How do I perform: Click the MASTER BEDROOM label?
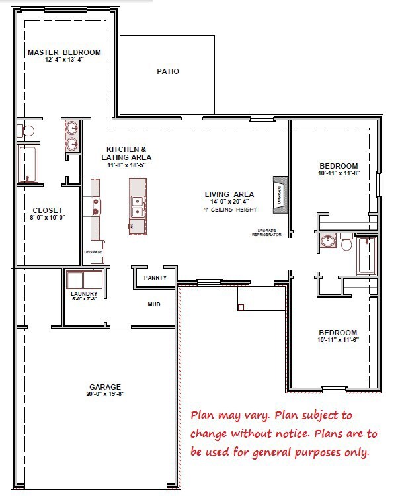tap(63, 52)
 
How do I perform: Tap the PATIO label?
tap(168, 71)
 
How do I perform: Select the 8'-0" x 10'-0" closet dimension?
tap(48, 217)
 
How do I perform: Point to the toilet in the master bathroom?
tap(24, 129)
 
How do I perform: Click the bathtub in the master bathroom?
tap(28, 164)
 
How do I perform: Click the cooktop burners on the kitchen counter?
tap(97, 206)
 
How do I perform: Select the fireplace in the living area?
tap(279, 196)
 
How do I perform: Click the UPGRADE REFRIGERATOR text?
tap(262, 233)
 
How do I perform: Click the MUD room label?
tap(154, 304)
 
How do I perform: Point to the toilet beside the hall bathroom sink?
tap(346, 243)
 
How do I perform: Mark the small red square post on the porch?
tap(240, 307)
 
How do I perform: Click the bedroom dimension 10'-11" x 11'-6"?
tap(338, 340)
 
